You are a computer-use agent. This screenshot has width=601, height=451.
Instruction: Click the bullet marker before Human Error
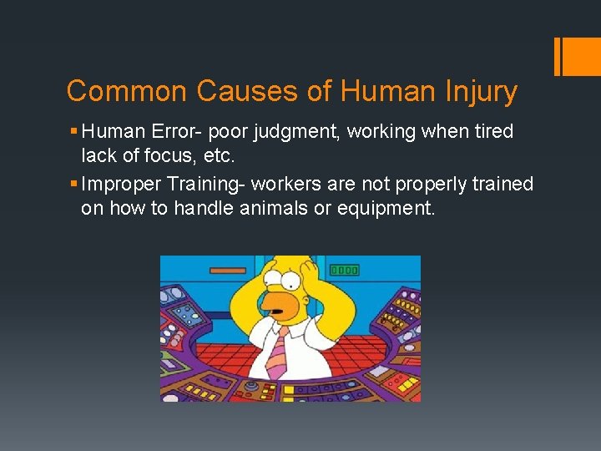tap(75, 132)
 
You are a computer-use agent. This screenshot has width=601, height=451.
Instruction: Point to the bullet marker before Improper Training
tap(75, 184)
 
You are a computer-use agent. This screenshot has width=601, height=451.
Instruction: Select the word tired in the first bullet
tap(492, 132)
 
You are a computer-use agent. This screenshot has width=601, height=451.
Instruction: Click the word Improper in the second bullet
tap(117, 184)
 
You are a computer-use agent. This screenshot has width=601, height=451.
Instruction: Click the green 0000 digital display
tap(344, 270)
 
